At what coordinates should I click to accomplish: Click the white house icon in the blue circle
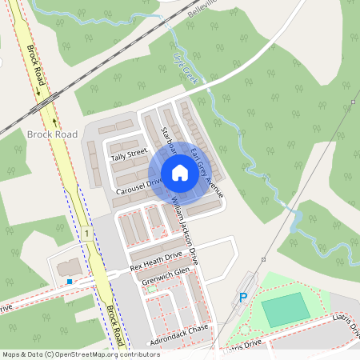point(180,173)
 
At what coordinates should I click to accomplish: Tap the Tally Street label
point(129,153)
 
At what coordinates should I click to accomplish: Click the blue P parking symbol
point(243,298)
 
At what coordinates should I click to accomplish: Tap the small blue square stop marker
point(70,282)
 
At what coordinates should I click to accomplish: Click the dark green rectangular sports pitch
point(285,310)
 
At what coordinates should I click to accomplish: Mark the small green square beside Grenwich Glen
point(151,289)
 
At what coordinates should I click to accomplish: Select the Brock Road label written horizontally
point(51,133)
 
